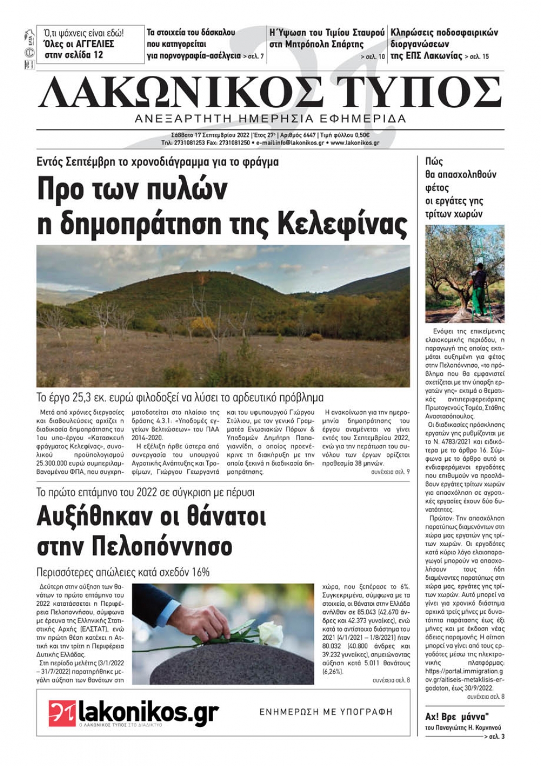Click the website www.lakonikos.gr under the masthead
point(354,143)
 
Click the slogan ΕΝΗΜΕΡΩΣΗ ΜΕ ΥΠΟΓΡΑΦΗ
point(326,712)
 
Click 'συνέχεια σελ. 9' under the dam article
point(390,472)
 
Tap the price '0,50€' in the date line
point(360,135)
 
